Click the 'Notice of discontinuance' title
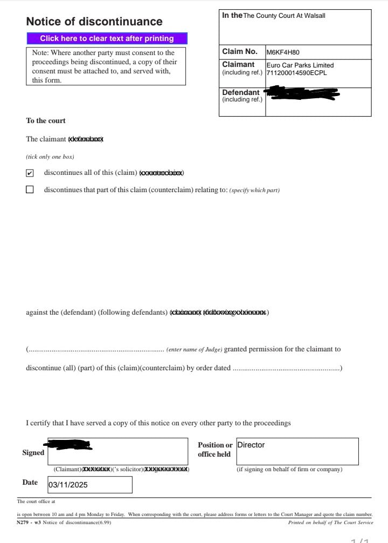click(x=94, y=22)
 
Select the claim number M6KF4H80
click(x=283, y=52)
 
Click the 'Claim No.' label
click(x=240, y=52)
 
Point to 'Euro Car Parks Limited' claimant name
click(x=300, y=65)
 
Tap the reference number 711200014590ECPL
click(x=296, y=73)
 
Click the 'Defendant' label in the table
click(x=240, y=92)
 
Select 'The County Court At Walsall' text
click(x=284, y=16)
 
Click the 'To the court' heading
click(x=46, y=121)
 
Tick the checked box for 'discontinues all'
click(x=30, y=173)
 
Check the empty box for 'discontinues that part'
click(x=30, y=189)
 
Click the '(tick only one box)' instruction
click(x=50, y=157)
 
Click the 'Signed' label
click(x=33, y=453)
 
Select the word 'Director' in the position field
click(x=251, y=445)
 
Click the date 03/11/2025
click(x=68, y=485)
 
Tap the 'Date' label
click(x=30, y=483)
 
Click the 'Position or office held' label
click(x=215, y=450)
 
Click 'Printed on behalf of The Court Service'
click(x=330, y=522)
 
